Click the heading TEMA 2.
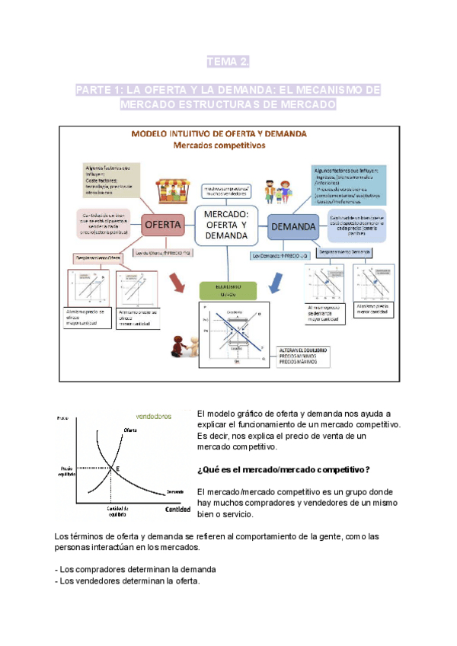(x=228, y=61)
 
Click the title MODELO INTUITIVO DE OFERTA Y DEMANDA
(x=219, y=133)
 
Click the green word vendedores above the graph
(x=153, y=417)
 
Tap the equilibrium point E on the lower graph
(x=116, y=468)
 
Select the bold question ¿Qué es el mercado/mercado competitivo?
(x=283, y=469)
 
